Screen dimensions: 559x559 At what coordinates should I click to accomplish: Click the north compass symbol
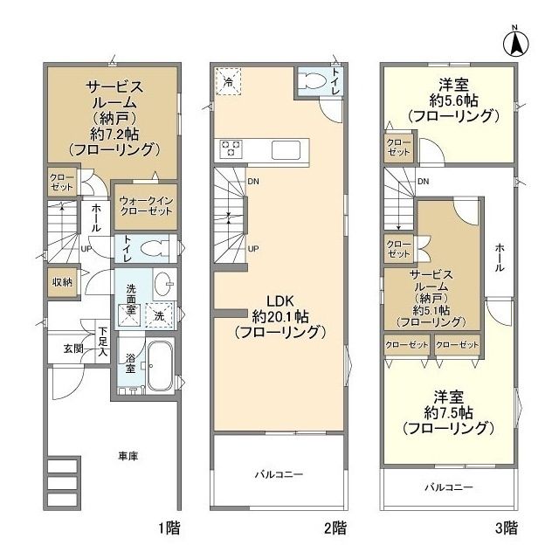[516, 44]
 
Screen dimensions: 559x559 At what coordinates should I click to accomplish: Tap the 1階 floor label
[169, 528]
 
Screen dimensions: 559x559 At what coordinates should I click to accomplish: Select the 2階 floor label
[335, 528]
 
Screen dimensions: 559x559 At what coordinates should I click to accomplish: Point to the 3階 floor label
[507, 528]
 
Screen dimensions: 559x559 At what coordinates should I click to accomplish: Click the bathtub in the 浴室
[160, 366]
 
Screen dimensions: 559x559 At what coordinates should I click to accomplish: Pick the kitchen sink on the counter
[286, 149]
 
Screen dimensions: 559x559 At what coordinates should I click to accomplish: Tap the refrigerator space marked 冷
[228, 81]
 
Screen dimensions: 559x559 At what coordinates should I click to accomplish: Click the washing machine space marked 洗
[159, 315]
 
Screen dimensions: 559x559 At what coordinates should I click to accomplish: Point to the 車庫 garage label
[128, 456]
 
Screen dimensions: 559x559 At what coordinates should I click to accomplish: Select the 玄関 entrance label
[73, 349]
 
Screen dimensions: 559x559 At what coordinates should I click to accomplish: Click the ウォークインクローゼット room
[146, 207]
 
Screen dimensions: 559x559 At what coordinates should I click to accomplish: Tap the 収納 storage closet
[62, 282]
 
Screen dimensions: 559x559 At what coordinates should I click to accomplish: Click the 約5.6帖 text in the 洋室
[453, 101]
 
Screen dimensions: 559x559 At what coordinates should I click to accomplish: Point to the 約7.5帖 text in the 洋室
[448, 413]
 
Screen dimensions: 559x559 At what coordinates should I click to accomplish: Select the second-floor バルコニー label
[279, 474]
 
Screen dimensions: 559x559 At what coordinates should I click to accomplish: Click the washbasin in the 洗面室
[165, 284]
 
